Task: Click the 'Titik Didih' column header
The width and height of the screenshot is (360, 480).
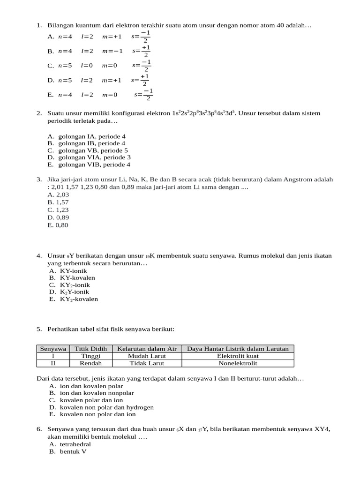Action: click(91, 349)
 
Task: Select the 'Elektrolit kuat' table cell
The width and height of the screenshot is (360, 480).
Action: click(238, 356)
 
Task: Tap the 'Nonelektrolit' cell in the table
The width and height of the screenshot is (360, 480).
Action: click(238, 363)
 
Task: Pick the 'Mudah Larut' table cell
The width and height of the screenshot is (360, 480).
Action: click(147, 356)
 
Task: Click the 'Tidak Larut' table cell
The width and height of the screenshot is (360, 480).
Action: click(147, 363)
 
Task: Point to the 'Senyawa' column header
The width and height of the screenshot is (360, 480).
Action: click(53, 349)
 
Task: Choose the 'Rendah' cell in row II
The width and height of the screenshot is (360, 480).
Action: click(91, 363)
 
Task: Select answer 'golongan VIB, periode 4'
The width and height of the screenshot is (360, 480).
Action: click(94, 165)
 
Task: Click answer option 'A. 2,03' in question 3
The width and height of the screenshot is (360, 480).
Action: click(58, 195)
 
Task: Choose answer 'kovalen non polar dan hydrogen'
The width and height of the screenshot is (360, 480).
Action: click(106, 407)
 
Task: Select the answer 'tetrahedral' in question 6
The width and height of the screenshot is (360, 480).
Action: click(75, 444)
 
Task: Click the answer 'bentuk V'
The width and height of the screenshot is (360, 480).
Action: click(73, 451)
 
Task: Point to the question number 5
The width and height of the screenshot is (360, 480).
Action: click(39, 330)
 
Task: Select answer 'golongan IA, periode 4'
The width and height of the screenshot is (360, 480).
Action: click(92, 136)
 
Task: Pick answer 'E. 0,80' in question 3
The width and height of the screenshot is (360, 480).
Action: click(58, 225)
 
